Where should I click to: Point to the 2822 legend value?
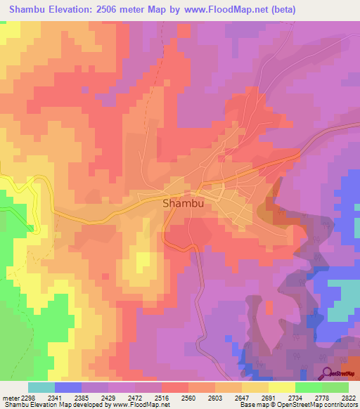(349, 397)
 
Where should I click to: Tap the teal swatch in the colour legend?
(41, 387)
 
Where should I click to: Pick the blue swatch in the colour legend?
(68, 387)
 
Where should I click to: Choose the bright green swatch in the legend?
(309, 387)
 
